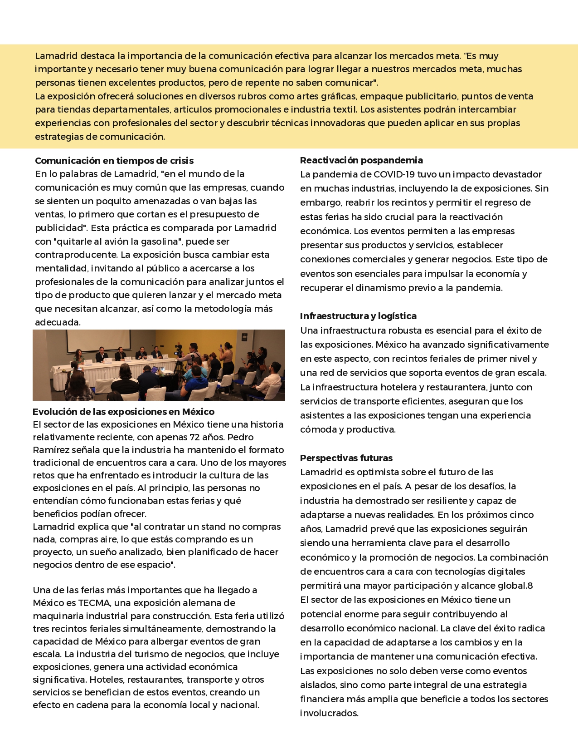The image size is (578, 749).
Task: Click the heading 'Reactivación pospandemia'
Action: (361, 160)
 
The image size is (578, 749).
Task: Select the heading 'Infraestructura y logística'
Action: (358, 316)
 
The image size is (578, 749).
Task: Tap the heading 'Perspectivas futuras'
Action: (346, 458)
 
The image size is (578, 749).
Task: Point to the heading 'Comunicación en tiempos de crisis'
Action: (114, 161)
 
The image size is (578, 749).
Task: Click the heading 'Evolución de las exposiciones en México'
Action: (123, 412)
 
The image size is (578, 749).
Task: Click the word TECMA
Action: (94, 603)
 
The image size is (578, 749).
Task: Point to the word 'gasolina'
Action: (160, 241)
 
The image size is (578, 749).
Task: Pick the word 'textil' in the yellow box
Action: (344, 109)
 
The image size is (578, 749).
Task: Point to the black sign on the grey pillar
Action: (245, 337)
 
